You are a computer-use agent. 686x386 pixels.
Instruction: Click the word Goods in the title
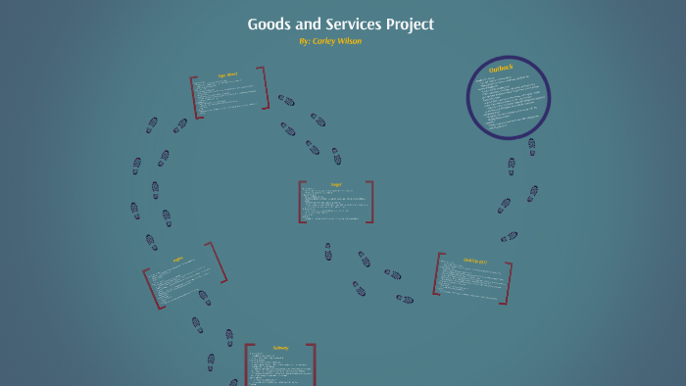coord(269,24)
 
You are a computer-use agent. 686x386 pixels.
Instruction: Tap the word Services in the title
coord(357,24)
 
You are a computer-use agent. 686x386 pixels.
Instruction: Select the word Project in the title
coord(412,24)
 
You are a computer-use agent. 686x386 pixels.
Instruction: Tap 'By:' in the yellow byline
coord(306,41)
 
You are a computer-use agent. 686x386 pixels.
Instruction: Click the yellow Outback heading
coord(501,71)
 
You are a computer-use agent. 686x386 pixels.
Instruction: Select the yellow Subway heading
coord(281,348)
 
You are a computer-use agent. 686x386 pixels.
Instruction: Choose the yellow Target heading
coord(336,183)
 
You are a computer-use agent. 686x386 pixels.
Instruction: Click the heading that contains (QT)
coord(474,261)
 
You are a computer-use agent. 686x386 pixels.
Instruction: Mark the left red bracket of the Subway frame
coord(247,364)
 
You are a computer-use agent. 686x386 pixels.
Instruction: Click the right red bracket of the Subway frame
coord(314,364)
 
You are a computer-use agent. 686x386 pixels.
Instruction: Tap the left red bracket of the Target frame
coord(301,202)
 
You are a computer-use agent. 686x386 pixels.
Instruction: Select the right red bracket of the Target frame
coord(370,202)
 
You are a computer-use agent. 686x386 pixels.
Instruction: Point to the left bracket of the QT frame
coord(437,273)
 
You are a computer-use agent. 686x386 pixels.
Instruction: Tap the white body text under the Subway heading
coord(279,370)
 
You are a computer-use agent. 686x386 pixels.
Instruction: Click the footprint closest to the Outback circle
coord(532,147)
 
